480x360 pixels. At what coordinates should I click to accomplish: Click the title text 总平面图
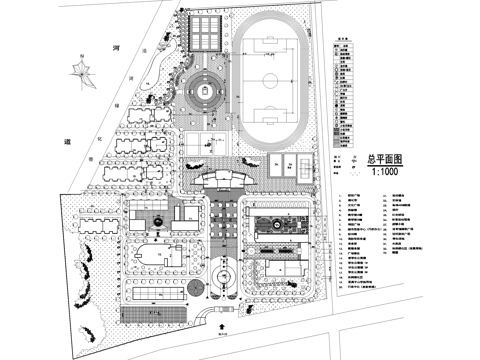coord(385,158)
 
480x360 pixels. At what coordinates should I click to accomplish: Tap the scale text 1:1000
coord(386,171)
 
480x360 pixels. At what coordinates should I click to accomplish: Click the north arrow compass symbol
coord(73,70)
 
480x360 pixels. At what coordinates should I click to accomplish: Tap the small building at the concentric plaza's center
coord(207,91)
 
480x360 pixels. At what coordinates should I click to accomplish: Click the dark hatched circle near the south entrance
coord(197,288)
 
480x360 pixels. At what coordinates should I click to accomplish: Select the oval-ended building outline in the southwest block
coord(155,254)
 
